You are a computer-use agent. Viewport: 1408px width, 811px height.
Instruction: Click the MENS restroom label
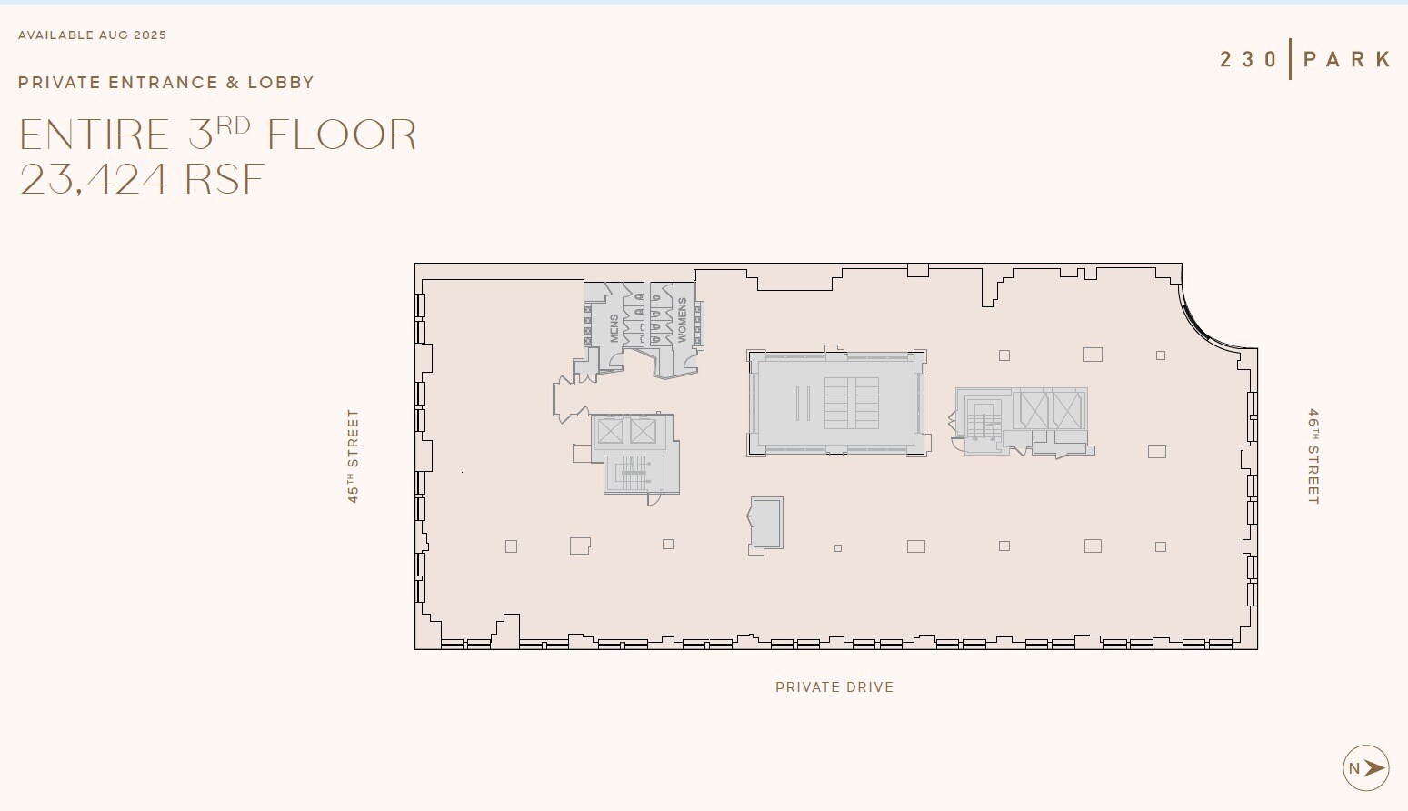(x=614, y=328)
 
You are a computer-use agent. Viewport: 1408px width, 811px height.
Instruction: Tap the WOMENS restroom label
(x=682, y=320)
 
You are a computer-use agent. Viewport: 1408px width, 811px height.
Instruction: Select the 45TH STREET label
(x=353, y=456)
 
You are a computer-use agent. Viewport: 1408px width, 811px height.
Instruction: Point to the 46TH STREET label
(x=1313, y=456)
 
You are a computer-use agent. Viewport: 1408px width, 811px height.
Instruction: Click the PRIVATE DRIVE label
(x=834, y=687)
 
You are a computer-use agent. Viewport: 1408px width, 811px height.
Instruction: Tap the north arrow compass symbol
(x=1365, y=768)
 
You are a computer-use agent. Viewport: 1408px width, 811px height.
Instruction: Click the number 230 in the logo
(x=1249, y=60)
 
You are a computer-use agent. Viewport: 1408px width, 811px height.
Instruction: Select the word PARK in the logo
(x=1347, y=60)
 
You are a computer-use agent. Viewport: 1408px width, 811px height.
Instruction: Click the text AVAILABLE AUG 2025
(x=93, y=35)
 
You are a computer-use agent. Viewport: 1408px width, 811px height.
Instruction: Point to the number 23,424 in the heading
(x=95, y=179)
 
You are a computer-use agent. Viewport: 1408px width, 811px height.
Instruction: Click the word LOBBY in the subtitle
(x=281, y=83)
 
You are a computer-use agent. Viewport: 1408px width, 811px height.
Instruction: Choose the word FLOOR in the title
(x=342, y=135)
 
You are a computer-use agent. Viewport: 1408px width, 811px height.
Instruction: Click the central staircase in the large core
(x=851, y=403)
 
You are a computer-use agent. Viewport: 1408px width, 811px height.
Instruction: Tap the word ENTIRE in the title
(x=95, y=135)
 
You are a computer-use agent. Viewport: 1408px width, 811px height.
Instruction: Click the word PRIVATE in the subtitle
(x=59, y=83)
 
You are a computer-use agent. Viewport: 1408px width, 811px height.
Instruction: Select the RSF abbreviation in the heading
(x=225, y=179)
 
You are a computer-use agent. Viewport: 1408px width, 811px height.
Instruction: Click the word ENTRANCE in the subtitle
(x=164, y=83)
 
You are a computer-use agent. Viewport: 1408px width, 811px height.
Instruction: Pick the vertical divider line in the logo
(x=1290, y=59)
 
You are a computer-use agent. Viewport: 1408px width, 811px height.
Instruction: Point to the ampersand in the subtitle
(x=233, y=83)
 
